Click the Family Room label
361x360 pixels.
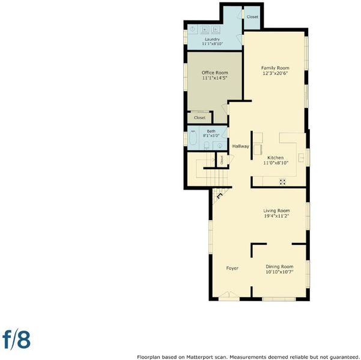pos(275,68)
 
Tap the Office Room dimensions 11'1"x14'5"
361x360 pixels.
pos(215,78)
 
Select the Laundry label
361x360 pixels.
pos(212,40)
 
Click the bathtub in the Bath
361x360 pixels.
pos(193,138)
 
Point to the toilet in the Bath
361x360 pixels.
pos(207,145)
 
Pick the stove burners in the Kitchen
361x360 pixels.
pos(282,182)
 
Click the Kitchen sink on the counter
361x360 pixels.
pos(302,158)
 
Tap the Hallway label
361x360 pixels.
pos(241,146)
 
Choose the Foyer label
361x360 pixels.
pos(232,268)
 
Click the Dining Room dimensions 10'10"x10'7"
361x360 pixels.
pos(279,272)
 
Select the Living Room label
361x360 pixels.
pos(276,211)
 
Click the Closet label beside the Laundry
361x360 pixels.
pos(252,17)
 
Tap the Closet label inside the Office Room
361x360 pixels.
pos(199,118)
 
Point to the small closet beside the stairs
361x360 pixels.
pos(222,160)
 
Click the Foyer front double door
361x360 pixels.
pos(229,296)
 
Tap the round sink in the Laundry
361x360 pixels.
pos(193,29)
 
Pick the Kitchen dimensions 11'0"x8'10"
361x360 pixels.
pos(276,163)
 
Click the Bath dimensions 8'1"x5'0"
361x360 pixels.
pos(211,136)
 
